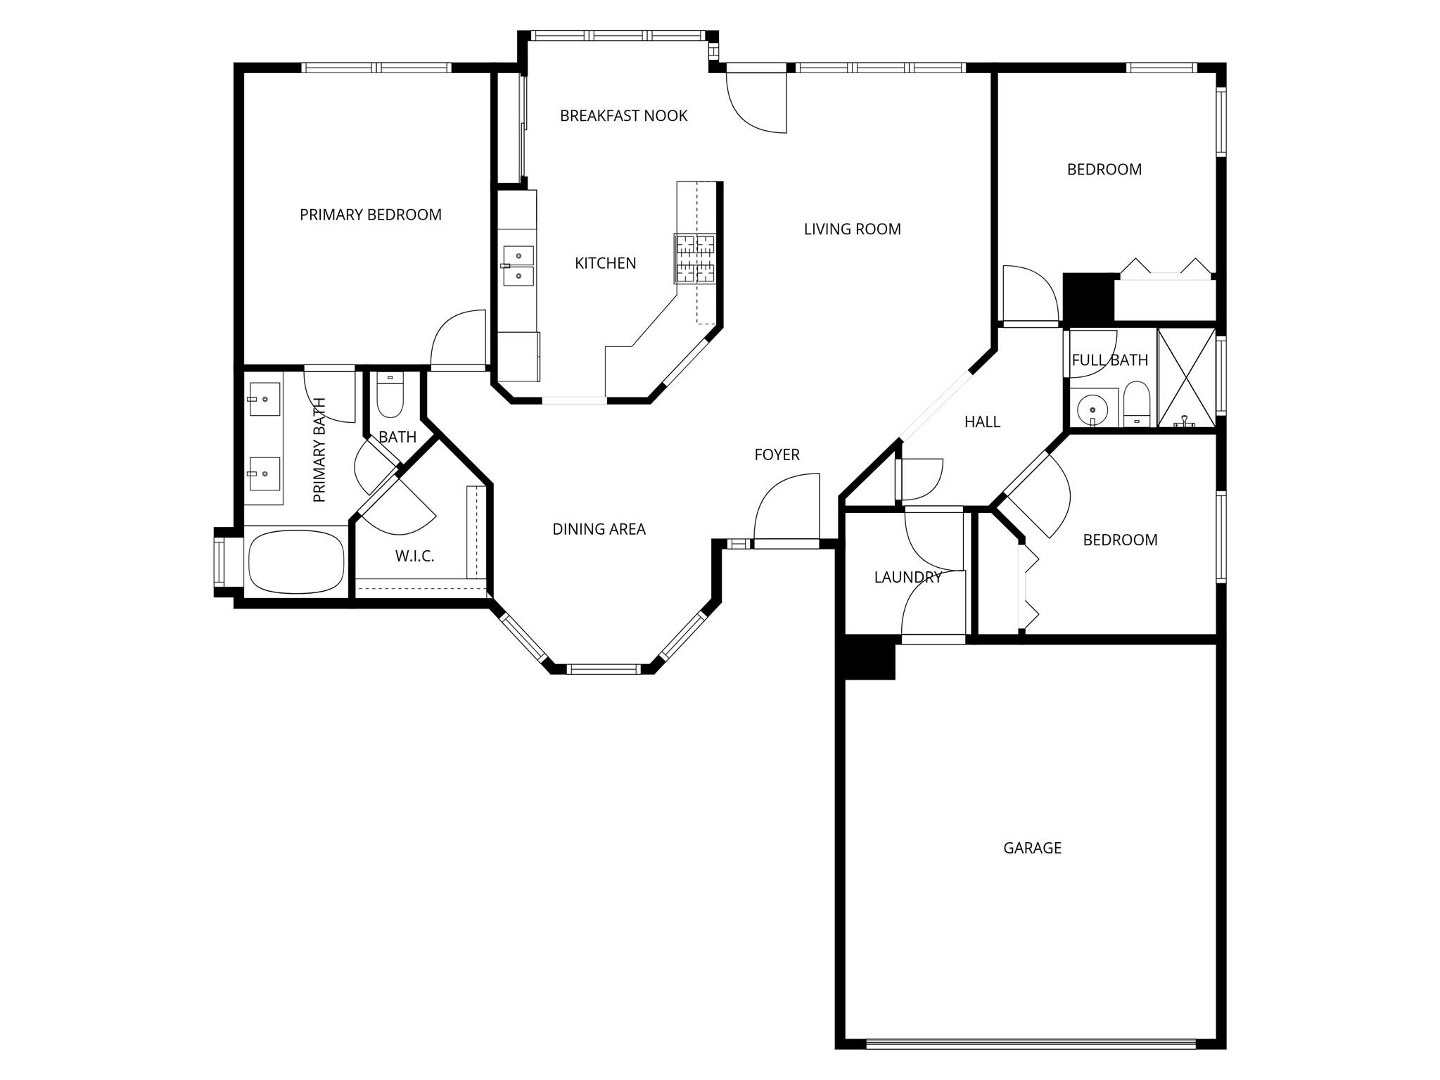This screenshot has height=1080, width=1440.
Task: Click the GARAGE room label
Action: (1032, 848)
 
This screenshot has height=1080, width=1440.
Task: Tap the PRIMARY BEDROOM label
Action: (371, 215)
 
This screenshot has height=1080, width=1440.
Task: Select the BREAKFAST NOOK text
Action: (623, 115)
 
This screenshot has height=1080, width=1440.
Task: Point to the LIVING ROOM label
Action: (852, 229)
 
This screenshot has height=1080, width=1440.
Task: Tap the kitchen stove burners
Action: (695, 258)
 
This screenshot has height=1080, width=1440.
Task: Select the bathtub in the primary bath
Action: (295, 561)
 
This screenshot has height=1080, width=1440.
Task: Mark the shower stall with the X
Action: (1186, 378)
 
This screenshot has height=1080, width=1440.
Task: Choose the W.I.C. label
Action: (414, 557)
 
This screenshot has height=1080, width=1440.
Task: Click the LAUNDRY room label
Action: (907, 578)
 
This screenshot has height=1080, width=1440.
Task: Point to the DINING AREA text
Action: (599, 529)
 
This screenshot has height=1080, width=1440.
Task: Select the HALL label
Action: (982, 422)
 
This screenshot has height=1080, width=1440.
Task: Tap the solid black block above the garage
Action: (869, 658)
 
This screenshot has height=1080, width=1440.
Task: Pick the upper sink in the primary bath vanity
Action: (264, 400)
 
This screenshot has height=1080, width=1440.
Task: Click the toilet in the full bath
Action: (1136, 405)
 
